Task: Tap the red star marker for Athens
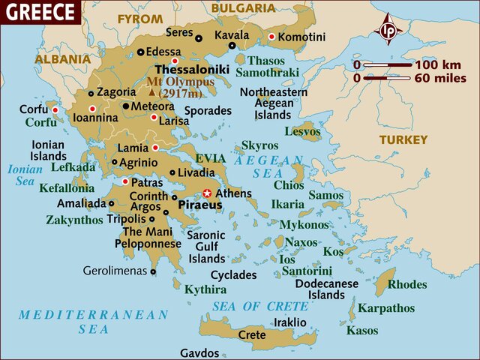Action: tap(208, 193)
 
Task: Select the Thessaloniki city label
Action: tap(192, 69)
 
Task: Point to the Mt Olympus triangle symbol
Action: tap(152, 92)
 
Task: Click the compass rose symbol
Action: tap(388, 31)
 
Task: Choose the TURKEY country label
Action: tap(403, 139)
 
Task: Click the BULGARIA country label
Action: tap(242, 7)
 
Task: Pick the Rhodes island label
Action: tap(407, 284)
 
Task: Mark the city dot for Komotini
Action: tap(271, 37)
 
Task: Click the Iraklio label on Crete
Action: tap(290, 322)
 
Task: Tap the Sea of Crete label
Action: tap(260, 306)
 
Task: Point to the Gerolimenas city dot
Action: tap(153, 272)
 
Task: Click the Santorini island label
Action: tap(305, 271)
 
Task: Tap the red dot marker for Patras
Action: tap(125, 181)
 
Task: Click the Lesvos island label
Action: tap(302, 131)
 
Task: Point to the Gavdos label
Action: tap(199, 352)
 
